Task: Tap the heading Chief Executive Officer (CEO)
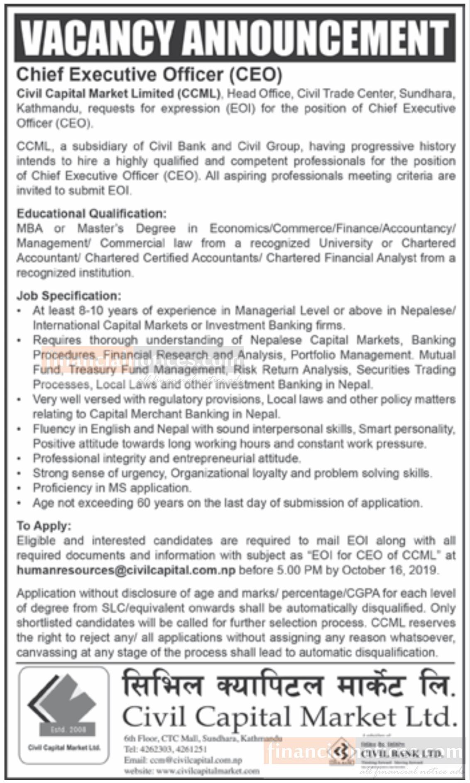point(149,75)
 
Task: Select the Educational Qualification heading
point(91,214)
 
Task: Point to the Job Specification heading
point(69,296)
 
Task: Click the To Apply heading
point(44,526)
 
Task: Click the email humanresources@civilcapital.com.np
point(126,570)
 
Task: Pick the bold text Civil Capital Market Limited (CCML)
point(118,94)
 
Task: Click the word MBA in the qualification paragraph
point(29,229)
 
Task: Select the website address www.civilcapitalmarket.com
point(191,771)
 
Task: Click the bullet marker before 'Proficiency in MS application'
point(19,489)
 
